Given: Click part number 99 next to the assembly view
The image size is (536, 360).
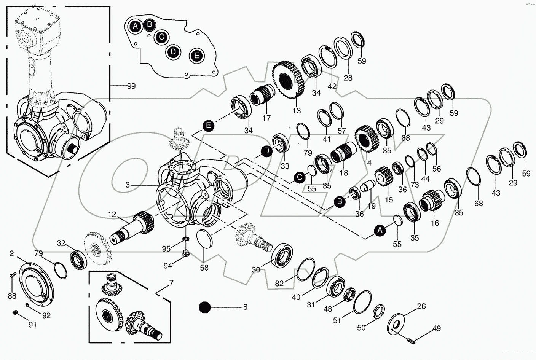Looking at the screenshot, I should pyautogui.click(x=131, y=86).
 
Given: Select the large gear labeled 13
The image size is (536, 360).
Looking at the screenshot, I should pyautogui.click(x=288, y=80).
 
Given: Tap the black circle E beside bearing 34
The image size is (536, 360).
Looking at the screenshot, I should pyautogui.click(x=208, y=126).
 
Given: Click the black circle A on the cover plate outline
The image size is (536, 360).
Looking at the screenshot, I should pyautogui.click(x=135, y=26).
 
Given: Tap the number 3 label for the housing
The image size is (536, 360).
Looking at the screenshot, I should pyautogui.click(x=128, y=185).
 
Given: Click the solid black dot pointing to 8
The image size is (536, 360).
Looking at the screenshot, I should pyautogui.click(x=205, y=307).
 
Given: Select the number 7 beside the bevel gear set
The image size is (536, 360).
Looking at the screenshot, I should pyautogui.click(x=171, y=283).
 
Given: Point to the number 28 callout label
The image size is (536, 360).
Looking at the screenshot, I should pyautogui.click(x=348, y=78).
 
